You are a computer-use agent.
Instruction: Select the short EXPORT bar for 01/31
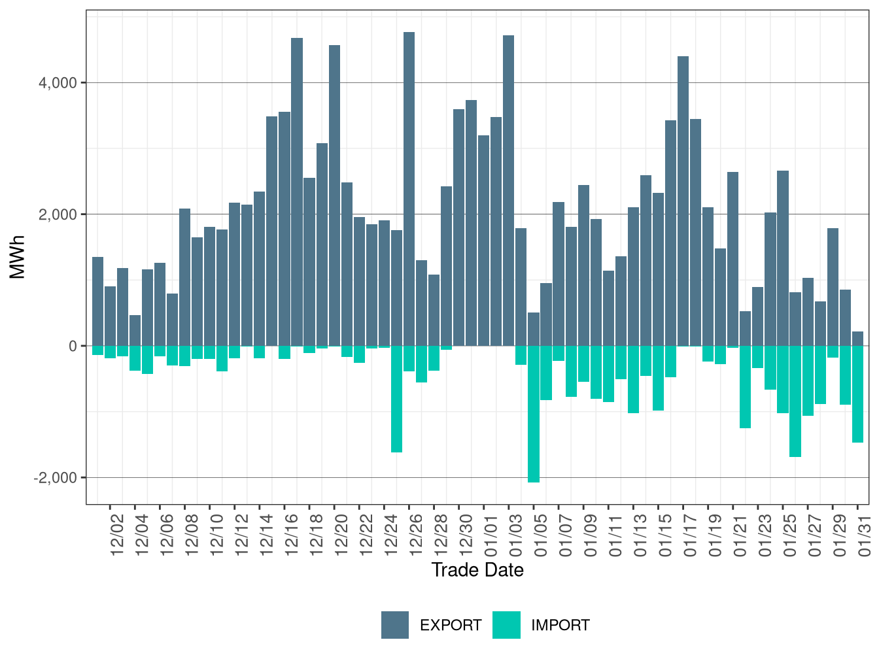pos(857,339)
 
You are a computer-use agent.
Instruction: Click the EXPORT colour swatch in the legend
pos(395,625)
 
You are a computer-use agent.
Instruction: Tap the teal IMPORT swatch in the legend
pos(506,625)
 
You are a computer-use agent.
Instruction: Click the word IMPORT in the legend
pos(560,626)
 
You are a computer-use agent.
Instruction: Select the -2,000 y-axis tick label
pos(56,478)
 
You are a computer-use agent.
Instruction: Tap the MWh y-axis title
pos(18,257)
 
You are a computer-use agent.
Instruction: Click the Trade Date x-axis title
pos(477,570)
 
